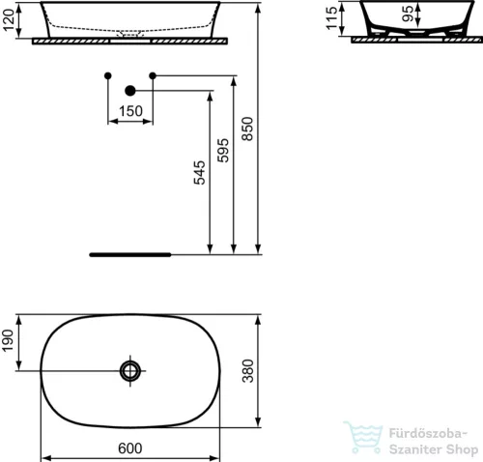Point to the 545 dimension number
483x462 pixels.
click(x=199, y=172)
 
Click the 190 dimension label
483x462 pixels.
click(x=9, y=341)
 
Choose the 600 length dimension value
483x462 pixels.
click(x=130, y=448)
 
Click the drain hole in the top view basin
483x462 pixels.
click(x=130, y=369)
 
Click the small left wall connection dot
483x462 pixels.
click(x=108, y=75)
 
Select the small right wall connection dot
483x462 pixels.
click(x=152, y=75)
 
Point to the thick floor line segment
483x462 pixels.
click(x=129, y=254)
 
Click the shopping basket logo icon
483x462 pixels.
click(x=364, y=439)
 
